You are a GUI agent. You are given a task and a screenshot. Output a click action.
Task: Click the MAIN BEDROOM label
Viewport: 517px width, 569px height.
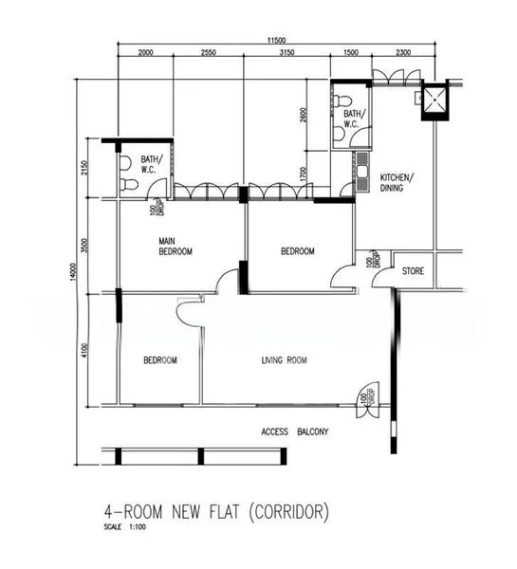click(x=175, y=247)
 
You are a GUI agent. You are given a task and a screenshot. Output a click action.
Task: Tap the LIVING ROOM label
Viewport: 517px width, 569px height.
click(x=285, y=360)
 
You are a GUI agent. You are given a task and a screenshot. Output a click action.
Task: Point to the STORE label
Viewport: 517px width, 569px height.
click(x=413, y=272)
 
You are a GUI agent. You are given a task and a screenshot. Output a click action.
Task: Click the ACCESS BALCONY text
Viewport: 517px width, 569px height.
click(x=294, y=432)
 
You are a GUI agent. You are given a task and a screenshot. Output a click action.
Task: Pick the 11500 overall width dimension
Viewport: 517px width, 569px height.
click(x=275, y=40)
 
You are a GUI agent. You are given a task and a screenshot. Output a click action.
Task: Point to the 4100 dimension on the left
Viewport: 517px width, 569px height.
click(x=84, y=351)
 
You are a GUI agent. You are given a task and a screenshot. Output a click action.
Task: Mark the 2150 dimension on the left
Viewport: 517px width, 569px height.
click(x=84, y=169)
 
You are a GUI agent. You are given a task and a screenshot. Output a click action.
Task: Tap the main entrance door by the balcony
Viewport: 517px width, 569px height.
click(x=361, y=396)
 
